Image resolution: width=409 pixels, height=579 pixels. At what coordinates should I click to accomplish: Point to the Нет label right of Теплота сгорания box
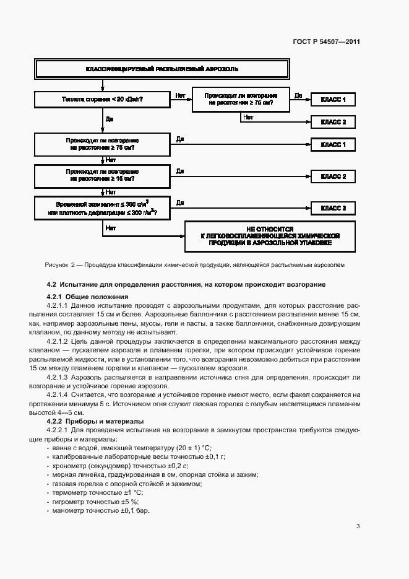point(180,95)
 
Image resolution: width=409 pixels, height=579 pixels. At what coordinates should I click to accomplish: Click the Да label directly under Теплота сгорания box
point(109,118)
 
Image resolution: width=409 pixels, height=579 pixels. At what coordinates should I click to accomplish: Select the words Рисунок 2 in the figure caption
point(59,264)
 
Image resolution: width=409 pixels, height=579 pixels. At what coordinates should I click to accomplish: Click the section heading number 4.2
point(52,284)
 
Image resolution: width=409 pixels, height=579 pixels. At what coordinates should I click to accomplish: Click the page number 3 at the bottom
point(358,526)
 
